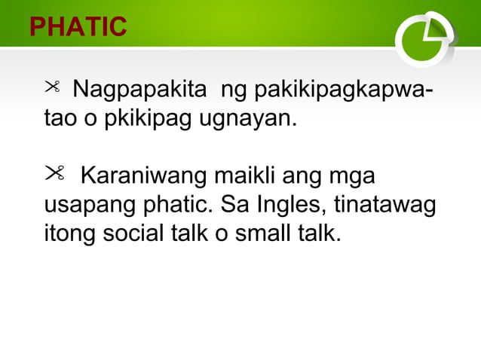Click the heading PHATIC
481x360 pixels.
[x=78, y=27]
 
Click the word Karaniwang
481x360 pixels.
[x=143, y=178]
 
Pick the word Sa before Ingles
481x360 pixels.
[x=234, y=206]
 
